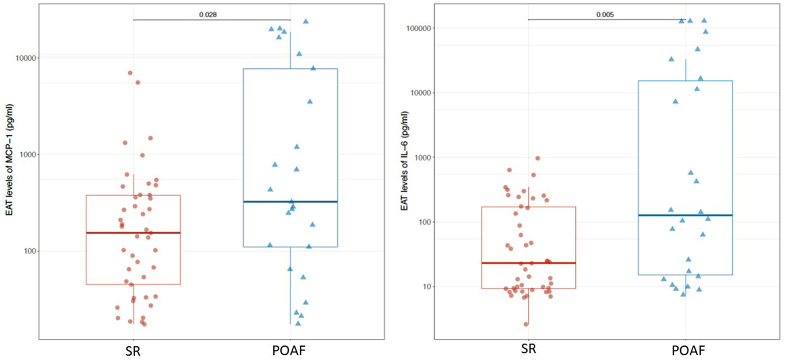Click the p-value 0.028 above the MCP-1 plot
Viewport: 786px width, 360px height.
tap(208, 15)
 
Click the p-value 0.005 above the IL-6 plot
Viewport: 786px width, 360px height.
tap(605, 15)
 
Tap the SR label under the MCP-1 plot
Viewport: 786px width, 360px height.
tap(133, 351)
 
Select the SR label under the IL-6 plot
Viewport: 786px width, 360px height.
tap(528, 349)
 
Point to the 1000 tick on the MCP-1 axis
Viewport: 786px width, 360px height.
tap(28, 154)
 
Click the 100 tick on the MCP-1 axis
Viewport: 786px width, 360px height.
tap(29, 251)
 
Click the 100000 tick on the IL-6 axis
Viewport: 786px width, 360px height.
tap(419, 28)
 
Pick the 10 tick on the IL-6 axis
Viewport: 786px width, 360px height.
tap(426, 287)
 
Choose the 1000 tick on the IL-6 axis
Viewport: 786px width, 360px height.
tap(422, 158)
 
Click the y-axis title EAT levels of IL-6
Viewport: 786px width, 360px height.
tap(405, 160)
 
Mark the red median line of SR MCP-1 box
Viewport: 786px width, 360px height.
tap(133, 233)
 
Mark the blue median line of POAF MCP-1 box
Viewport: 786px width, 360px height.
tap(291, 202)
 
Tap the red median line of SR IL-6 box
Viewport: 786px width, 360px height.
tap(528, 263)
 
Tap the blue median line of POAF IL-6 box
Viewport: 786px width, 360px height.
tap(685, 215)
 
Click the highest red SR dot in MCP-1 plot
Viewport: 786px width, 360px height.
tap(130, 73)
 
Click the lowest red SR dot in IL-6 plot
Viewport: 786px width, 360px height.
tap(526, 324)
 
